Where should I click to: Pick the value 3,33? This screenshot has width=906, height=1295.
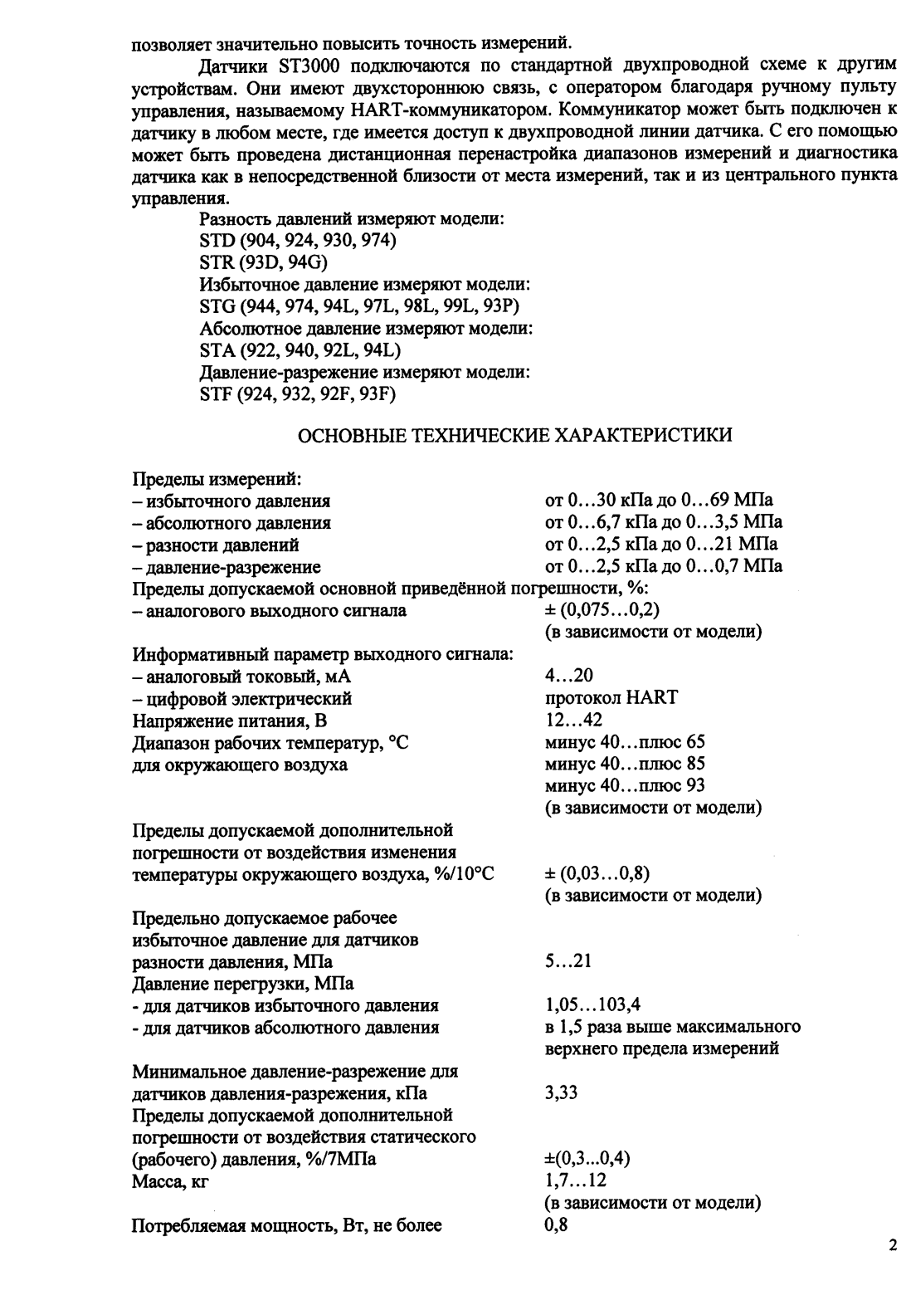click(x=561, y=1093)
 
